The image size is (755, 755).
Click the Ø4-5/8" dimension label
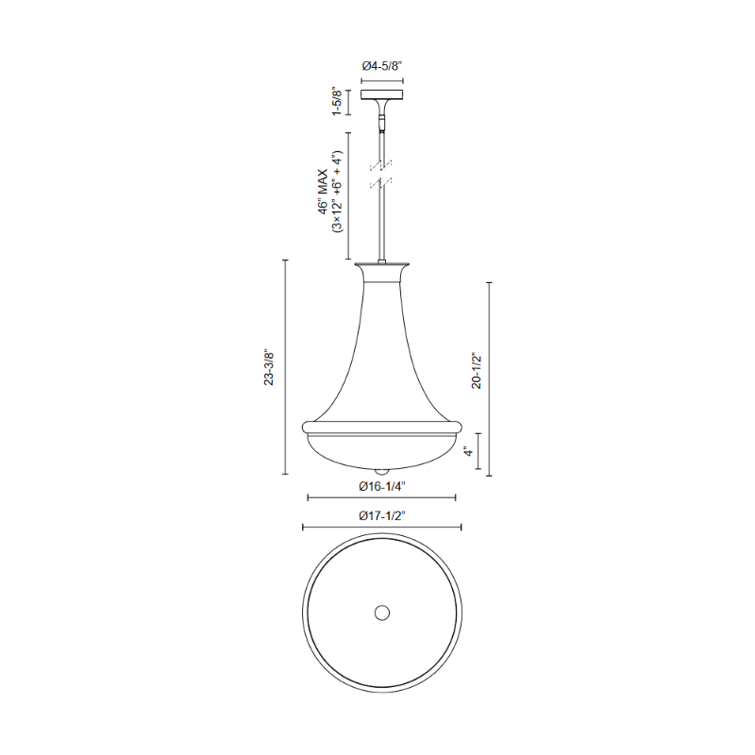(382, 66)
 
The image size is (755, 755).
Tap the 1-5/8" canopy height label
(337, 102)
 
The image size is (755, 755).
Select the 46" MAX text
(323, 192)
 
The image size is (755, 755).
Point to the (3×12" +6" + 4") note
(337, 192)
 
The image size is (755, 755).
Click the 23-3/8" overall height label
(269, 368)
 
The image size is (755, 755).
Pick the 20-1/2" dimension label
(477, 371)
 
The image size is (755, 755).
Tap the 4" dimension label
(468, 451)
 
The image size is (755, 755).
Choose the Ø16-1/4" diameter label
(382, 487)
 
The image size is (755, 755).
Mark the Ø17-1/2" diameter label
(382, 516)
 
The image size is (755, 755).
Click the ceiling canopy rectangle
(382, 94)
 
